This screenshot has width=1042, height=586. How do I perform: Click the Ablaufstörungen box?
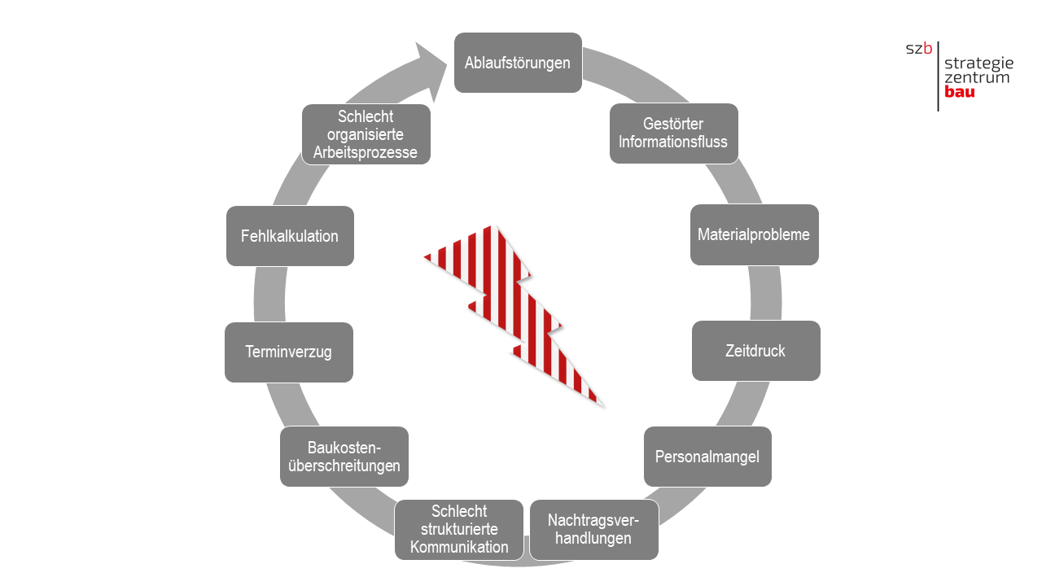[518, 63]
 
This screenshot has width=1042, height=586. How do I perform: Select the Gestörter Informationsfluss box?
[673, 133]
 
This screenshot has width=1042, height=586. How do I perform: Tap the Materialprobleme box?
[754, 234]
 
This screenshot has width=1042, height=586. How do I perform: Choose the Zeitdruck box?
[755, 351]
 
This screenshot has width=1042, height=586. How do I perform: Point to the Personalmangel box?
[707, 457]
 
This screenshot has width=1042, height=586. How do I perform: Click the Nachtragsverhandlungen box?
[593, 530]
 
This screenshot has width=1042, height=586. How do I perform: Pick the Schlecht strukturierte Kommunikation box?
[459, 530]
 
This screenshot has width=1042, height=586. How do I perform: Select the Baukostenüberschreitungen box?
[344, 457]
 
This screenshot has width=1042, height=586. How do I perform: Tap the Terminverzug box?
[289, 352]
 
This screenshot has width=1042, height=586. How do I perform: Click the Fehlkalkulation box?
[290, 236]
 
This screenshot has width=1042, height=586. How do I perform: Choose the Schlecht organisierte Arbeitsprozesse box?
[366, 134]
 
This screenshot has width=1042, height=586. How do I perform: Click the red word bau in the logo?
[960, 92]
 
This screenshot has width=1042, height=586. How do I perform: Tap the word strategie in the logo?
[979, 63]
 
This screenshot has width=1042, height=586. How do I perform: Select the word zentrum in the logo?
[977, 77]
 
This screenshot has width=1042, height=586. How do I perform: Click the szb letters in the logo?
[919, 48]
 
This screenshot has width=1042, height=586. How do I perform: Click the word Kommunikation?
[459, 547]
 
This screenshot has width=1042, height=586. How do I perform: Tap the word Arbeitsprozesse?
[366, 152]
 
